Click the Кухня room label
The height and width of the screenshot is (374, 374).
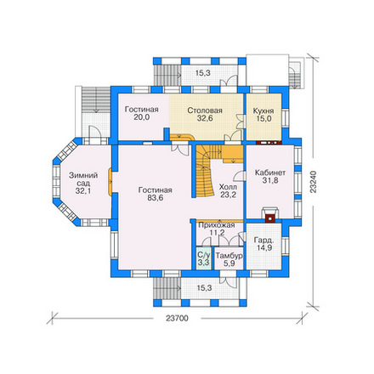pyautogui.click(x=263, y=110)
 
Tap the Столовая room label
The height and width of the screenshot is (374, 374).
pyautogui.click(x=205, y=110)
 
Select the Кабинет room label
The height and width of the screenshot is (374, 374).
pyautogui.click(x=270, y=173)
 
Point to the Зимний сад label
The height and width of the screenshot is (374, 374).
pyautogui.click(x=83, y=179)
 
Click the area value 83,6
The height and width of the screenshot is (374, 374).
pyautogui.click(x=156, y=198)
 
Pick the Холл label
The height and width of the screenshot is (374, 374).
pyautogui.click(x=228, y=187)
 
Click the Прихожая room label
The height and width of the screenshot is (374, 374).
pyautogui.click(x=217, y=225)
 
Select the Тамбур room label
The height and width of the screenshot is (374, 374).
pyautogui.click(x=229, y=256)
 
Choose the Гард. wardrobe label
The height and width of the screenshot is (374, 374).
pyautogui.click(x=263, y=241)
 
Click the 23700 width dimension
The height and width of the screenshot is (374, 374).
pyautogui.click(x=177, y=319)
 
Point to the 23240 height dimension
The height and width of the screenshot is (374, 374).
pyautogui.click(x=313, y=182)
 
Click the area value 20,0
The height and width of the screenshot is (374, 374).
pyautogui.click(x=142, y=117)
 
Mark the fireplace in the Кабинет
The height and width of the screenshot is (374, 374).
pyautogui.click(x=270, y=216)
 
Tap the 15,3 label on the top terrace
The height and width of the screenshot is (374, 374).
pyautogui.click(x=203, y=73)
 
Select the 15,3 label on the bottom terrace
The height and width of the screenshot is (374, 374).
pyautogui.click(x=204, y=288)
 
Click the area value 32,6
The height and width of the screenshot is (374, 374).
pyautogui.click(x=205, y=118)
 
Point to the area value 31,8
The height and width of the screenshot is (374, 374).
pyautogui.click(x=270, y=180)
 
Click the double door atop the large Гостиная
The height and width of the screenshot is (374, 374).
pyautogui.click(x=179, y=149)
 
